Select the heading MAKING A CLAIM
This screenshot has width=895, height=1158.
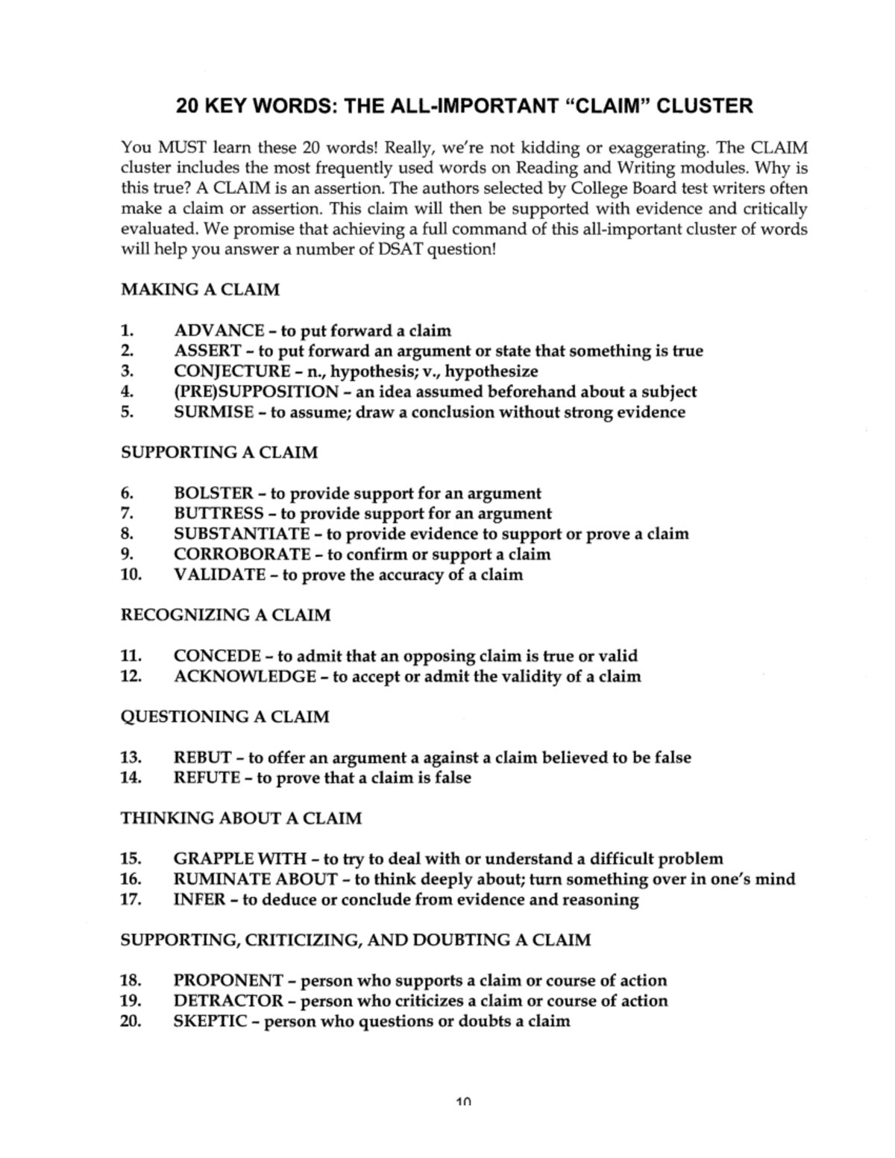pyautogui.click(x=200, y=289)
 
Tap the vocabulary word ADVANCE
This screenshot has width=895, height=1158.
pyautogui.click(x=219, y=330)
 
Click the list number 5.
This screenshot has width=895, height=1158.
pyautogui.click(x=126, y=412)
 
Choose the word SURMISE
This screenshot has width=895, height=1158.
pyautogui.click(x=213, y=412)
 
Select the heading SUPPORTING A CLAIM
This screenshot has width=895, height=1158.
pyautogui.click(x=219, y=453)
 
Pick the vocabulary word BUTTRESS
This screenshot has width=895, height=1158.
pyautogui.click(x=219, y=514)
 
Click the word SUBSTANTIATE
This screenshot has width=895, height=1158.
pyautogui.click(x=242, y=534)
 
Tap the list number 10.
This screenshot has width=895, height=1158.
pyautogui.click(x=131, y=575)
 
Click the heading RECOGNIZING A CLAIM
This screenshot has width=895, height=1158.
pyautogui.click(x=225, y=615)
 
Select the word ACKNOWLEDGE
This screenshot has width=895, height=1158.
pyautogui.click(x=245, y=676)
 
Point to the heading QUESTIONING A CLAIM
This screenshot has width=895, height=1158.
pyautogui.click(x=224, y=717)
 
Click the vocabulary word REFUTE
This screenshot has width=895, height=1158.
pyautogui.click(x=207, y=778)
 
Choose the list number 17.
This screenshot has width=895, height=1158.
pyautogui.click(x=131, y=899)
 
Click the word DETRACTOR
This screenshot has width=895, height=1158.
pyautogui.click(x=228, y=1001)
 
